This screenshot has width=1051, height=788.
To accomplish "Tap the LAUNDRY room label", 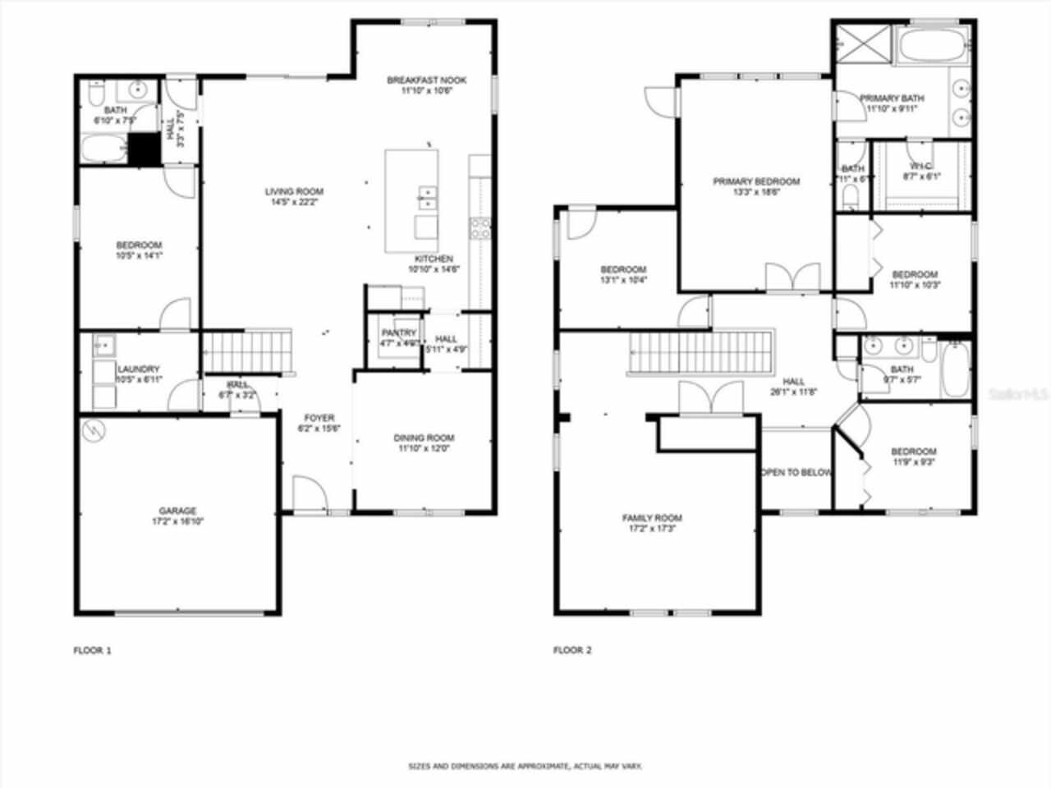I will [138, 369].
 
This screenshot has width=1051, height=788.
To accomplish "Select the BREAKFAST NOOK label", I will [426, 80].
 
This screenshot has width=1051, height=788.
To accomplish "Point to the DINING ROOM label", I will [424, 438].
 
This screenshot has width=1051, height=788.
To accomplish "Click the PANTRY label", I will [399, 333].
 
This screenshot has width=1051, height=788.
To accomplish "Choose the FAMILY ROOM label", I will [652, 518].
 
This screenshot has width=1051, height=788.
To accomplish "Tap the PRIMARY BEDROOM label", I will [755, 182].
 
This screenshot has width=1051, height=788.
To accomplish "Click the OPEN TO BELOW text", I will [796, 473].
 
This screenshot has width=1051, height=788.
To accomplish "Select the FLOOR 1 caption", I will [92, 650].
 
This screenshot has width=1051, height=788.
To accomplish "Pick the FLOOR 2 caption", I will [572, 650].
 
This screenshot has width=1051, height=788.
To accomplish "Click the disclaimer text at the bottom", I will [525, 766].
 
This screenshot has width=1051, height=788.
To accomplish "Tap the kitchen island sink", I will [427, 197].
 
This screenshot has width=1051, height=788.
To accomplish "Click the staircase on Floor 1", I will [247, 351].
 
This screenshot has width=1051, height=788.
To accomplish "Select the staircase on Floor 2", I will [702, 352].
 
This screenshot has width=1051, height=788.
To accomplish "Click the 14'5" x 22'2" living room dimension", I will [294, 202].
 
